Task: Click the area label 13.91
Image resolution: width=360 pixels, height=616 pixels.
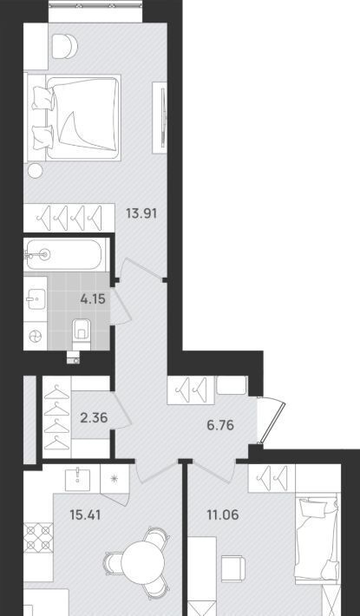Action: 141,213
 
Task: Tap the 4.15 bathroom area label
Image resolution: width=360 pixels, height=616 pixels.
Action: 93,299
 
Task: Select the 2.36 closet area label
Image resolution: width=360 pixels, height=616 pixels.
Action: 94,417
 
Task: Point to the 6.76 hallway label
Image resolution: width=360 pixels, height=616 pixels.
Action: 220,424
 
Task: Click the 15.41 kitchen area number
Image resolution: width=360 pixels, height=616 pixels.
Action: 85,514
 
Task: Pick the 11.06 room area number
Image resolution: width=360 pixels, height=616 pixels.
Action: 223,514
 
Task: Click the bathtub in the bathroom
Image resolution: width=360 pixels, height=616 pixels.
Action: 63,254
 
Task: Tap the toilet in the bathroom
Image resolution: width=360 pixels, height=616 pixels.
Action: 82,333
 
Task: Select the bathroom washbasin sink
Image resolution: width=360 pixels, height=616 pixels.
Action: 36,299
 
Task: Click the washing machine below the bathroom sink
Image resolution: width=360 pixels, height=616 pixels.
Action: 36,337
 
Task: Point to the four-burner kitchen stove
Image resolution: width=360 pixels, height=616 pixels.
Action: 38,537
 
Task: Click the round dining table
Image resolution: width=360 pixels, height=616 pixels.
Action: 142,562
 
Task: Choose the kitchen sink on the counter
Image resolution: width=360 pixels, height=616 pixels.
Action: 78,479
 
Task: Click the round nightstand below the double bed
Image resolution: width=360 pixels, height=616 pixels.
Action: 35,171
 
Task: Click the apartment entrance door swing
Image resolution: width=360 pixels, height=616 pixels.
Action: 272,420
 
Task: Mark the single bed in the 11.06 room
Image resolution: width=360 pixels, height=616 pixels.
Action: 317,538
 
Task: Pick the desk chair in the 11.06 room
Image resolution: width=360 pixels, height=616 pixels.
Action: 232,568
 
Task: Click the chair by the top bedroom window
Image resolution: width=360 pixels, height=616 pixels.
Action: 64,46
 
